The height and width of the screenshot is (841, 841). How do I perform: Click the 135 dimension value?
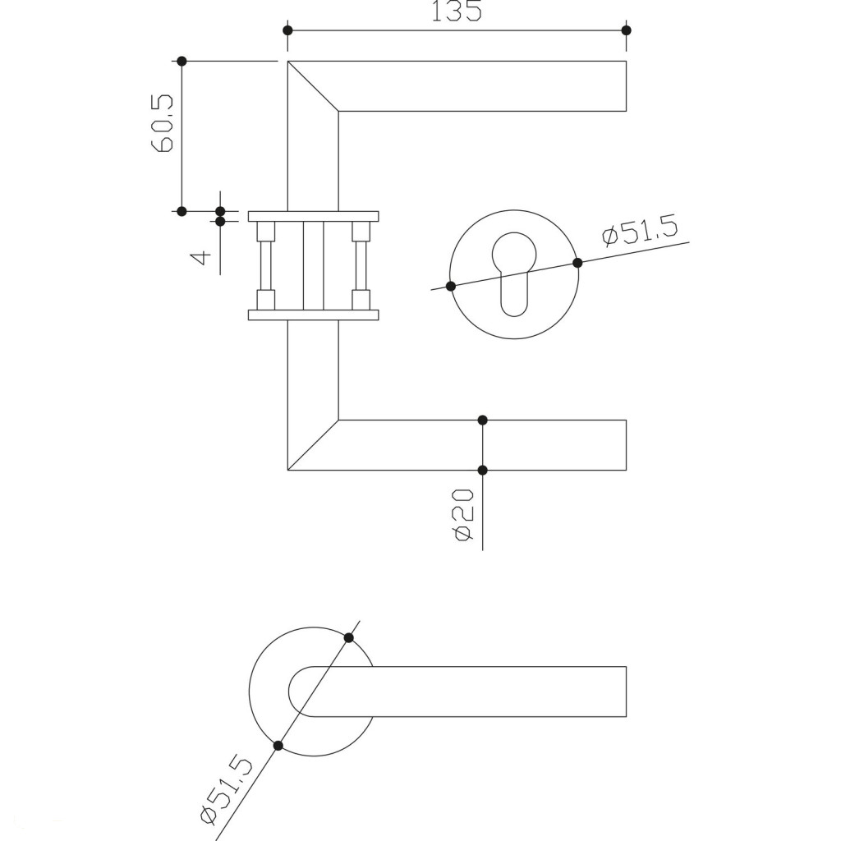click(457, 11)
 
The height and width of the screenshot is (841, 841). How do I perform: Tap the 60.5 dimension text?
click(163, 123)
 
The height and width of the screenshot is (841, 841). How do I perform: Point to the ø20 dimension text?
click(462, 515)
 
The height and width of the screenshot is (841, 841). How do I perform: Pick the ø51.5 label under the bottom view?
click(226, 789)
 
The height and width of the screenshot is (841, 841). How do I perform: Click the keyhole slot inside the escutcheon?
click(514, 275)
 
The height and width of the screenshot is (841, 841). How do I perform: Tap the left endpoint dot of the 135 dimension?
click(287, 30)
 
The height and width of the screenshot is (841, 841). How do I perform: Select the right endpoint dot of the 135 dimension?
click(627, 30)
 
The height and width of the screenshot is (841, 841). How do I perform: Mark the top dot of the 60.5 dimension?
click(182, 62)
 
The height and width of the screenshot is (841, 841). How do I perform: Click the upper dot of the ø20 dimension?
click(482, 420)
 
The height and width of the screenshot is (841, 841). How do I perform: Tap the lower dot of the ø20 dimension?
click(482, 470)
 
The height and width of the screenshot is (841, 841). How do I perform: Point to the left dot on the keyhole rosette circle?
click(451, 286)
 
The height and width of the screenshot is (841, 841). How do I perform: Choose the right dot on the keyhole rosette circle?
click(577, 263)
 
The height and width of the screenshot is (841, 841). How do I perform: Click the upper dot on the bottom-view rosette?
click(349, 637)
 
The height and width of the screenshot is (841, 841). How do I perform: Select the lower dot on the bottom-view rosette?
click(278, 745)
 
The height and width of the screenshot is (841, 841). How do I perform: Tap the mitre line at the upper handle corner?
click(313, 86)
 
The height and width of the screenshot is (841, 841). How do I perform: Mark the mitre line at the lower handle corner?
click(313, 445)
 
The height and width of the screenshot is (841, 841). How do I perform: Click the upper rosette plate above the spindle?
click(313, 217)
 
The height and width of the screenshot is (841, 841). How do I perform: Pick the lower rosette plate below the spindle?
click(313, 315)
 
